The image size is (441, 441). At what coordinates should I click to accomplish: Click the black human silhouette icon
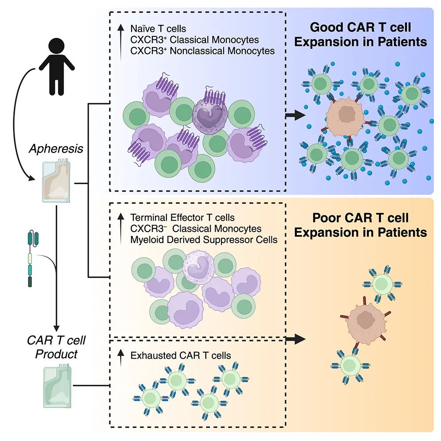coord(56,66)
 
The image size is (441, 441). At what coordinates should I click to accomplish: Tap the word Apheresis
coord(56,149)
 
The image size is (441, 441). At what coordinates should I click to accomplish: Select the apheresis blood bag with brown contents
coord(56,182)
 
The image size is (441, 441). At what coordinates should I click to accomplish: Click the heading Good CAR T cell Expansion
coord(360,35)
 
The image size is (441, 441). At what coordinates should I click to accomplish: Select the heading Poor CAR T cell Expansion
coord(360,225)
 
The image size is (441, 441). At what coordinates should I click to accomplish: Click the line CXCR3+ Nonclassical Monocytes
coord(202,51)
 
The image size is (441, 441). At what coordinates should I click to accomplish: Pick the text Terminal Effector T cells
coord(182,218)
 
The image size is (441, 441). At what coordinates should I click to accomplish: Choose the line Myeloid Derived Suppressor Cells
coord(204,240)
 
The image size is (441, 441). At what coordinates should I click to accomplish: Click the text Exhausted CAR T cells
coord(181,355)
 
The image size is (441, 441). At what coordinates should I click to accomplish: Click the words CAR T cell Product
coord(56,348)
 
